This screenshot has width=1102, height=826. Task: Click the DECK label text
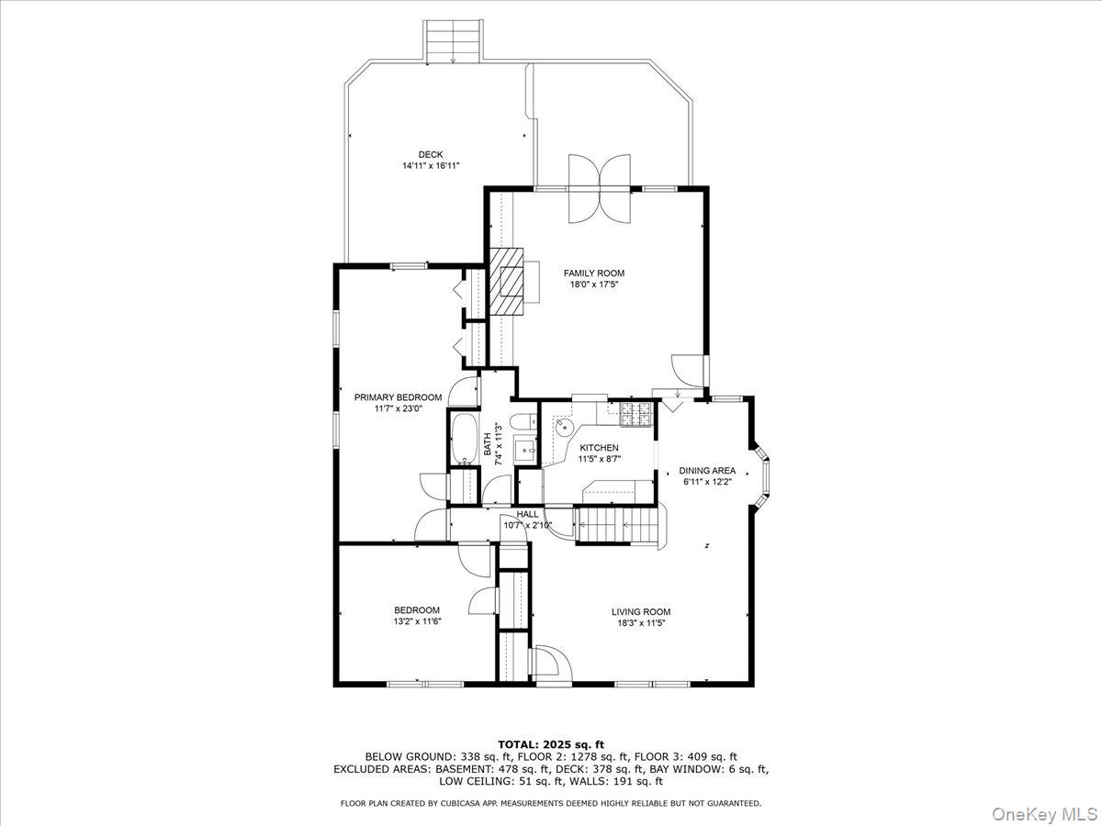(x=430, y=154)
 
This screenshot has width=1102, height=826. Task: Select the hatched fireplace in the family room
(x=504, y=282)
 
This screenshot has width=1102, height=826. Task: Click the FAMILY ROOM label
(x=593, y=273)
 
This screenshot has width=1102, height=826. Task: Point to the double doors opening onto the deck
(x=600, y=188)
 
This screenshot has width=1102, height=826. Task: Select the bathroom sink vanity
(x=525, y=449)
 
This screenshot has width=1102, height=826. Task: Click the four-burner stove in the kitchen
(x=635, y=414)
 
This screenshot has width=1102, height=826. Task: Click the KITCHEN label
(x=599, y=448)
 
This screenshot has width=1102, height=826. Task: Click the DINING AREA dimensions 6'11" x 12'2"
(x=708, y=481)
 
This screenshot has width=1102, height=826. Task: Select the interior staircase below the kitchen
(x=616, y=526)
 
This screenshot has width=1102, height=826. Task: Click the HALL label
(x=527, y=514)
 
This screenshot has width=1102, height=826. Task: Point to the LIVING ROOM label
(x=641, y=611)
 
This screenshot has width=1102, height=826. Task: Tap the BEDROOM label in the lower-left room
(x=417, y=609)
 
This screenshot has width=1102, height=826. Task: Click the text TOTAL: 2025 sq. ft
(x=551, y=743)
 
